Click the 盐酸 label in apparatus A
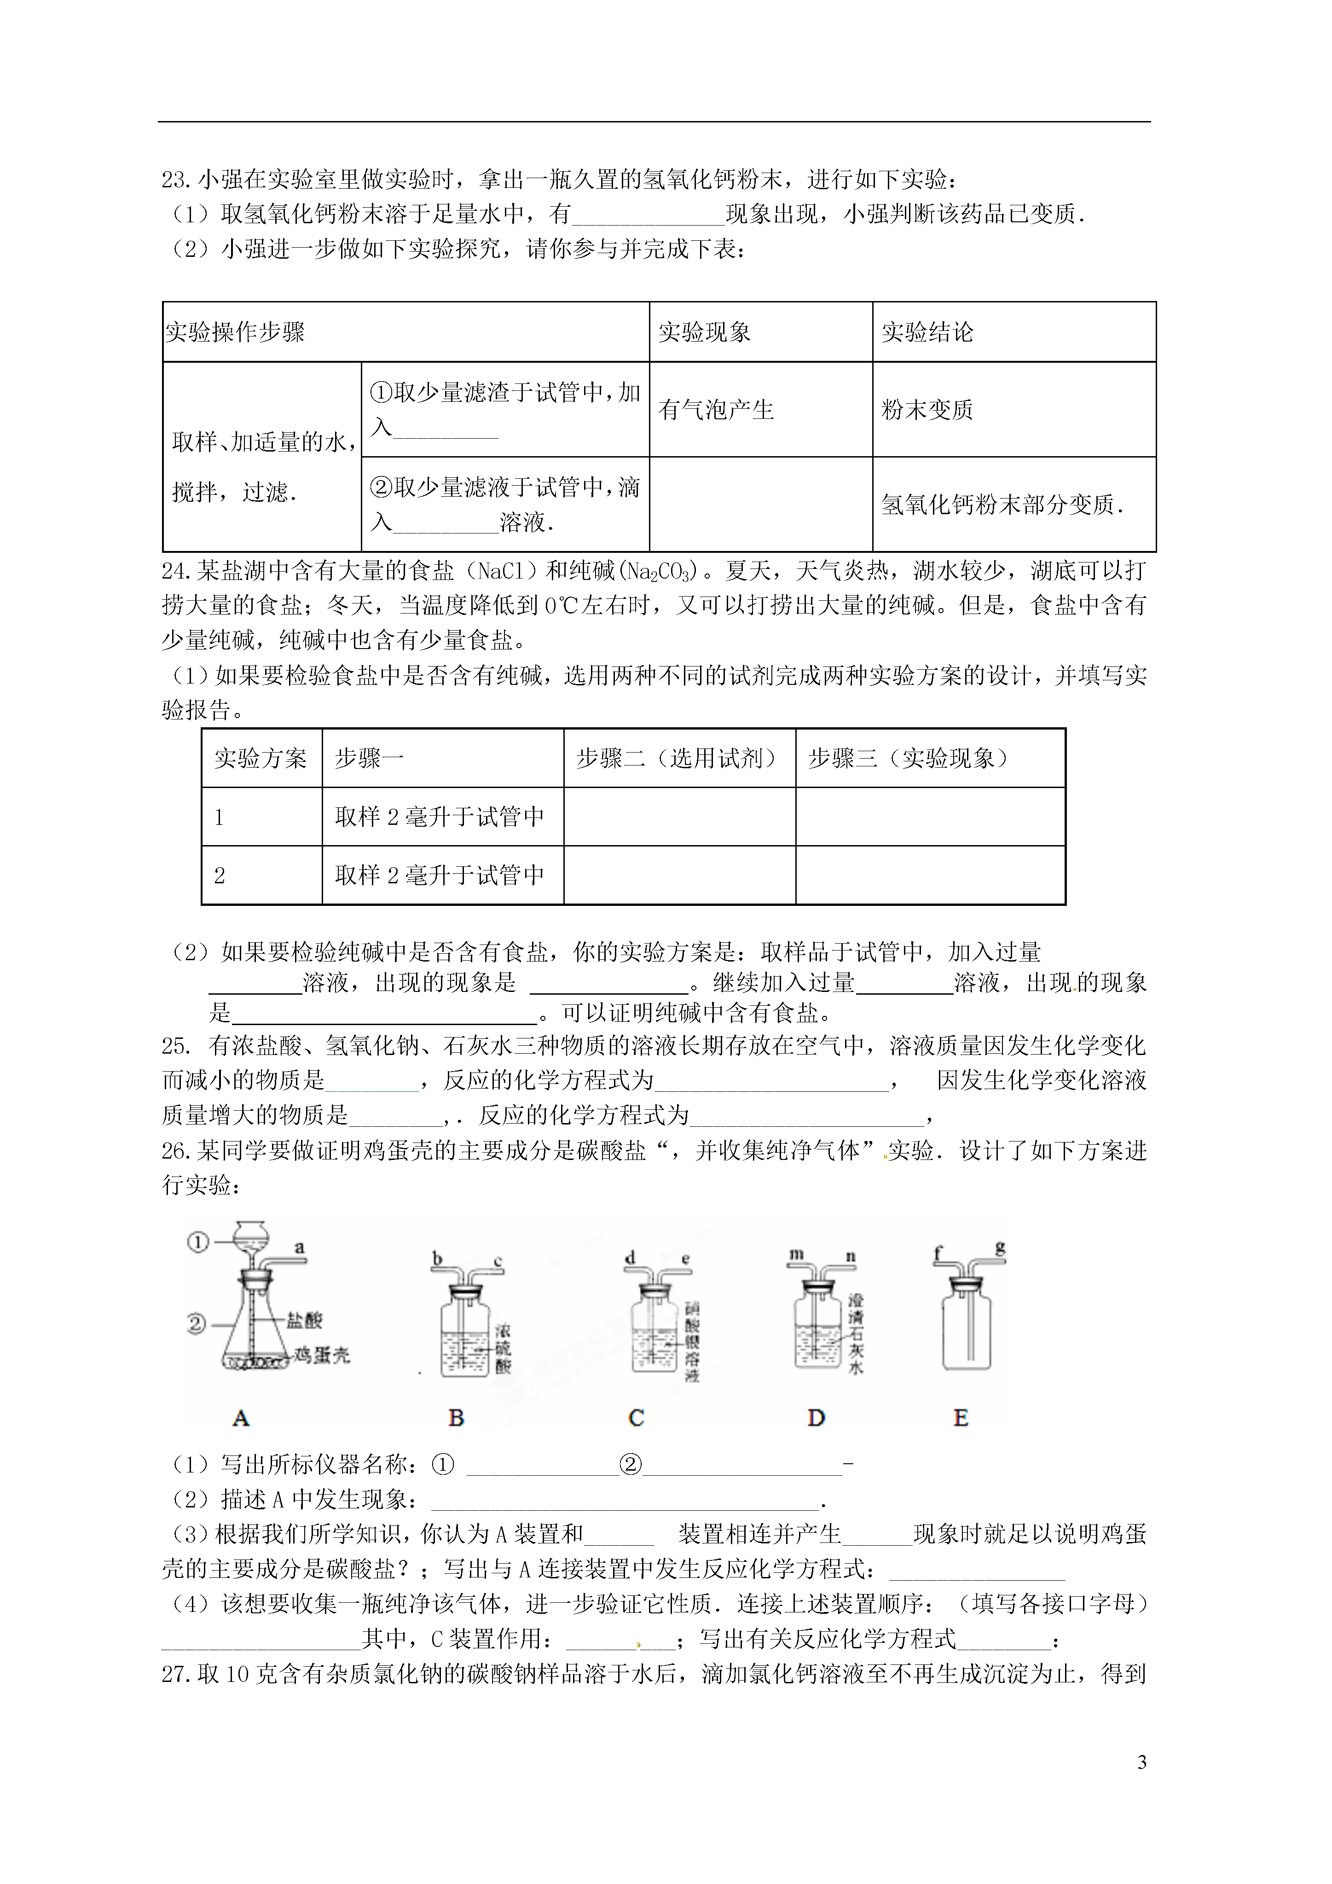click(x=305, y=1320)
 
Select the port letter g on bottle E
click(x=1000, y=1249)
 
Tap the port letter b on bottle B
click(x=437, y=1258)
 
